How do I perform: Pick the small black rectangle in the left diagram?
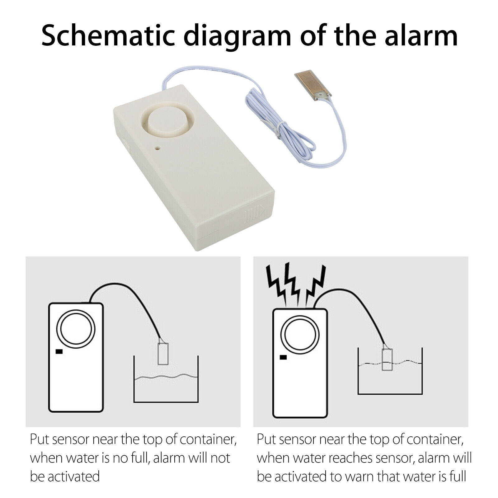click(x=59, y=352)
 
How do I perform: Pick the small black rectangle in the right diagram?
click(x=283, y=357)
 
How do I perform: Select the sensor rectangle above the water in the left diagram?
click(x=163, y=354)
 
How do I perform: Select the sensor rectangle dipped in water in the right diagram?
click(x=387, y=359)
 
